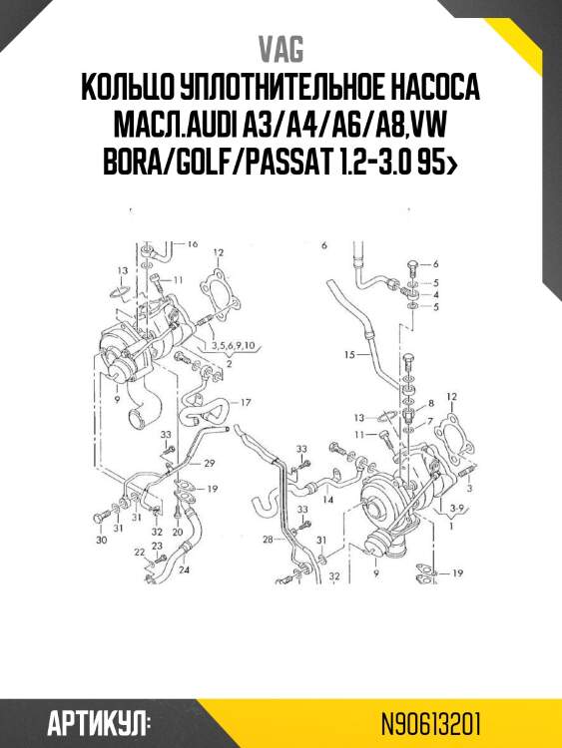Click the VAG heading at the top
point(281,49)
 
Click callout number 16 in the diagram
point(192,243)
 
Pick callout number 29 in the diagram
point(210,465)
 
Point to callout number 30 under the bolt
point(101,540)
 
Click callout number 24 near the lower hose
point(184,570)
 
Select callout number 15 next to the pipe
point(349,355)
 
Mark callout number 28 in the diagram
point(268,540)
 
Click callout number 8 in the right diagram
point(431,402)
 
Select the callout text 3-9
point(458,510)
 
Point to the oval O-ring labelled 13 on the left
point(117,291)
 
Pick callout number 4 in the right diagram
point(435,295)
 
